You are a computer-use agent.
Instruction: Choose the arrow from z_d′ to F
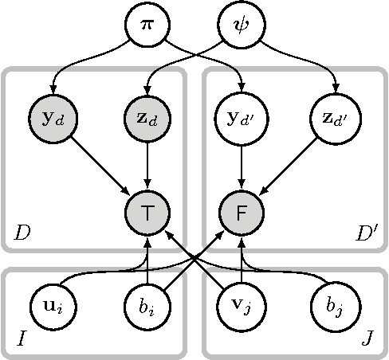pos(289,167)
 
